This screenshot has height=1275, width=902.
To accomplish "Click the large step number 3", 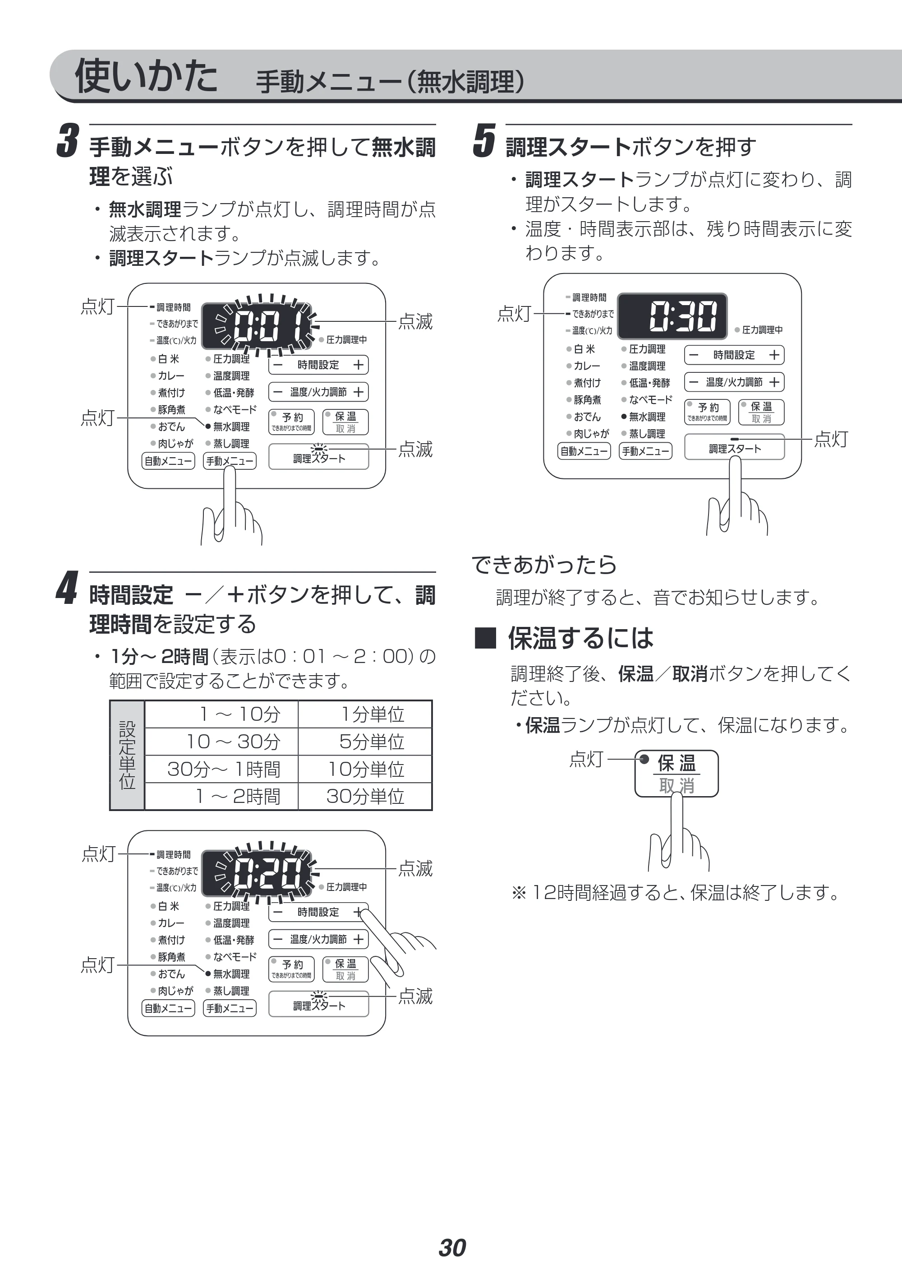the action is (x=68, y=141).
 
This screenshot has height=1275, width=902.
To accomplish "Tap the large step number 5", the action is (x=484, y=141).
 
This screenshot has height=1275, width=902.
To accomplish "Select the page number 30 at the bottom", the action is (x=452, y=1248).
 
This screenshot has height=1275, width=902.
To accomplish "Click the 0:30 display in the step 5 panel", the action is (x=672, y=315).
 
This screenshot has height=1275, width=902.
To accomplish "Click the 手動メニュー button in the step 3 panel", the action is (x=230, y=461).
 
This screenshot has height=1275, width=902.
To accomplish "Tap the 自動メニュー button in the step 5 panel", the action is (x=584, y=451).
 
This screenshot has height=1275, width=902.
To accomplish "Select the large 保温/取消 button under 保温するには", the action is (x=676, y=774).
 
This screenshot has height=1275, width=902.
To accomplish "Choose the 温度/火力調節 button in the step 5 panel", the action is (x=734, y=382).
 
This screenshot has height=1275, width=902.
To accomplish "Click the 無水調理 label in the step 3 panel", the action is (x=231, y=427).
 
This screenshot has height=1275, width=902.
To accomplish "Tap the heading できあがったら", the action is (x=544, y=565).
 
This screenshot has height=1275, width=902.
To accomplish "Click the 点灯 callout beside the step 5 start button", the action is (x=831, y=439).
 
